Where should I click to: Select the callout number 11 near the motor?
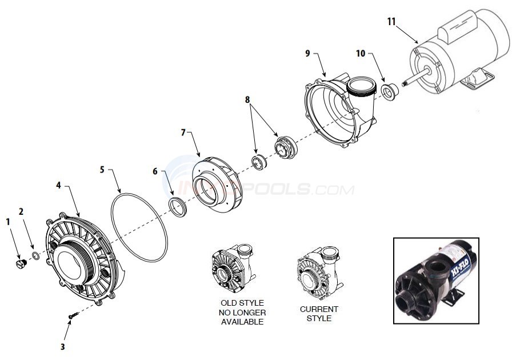[391, 21]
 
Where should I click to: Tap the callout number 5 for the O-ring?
[102, 170]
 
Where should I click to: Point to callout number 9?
[307, 53]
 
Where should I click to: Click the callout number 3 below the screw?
[63, 346]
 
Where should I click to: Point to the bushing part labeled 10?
[391, 91]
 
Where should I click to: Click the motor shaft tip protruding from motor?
[405, 83]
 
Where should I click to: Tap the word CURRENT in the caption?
[319, 309]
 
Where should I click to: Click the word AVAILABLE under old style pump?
[242, 322]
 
